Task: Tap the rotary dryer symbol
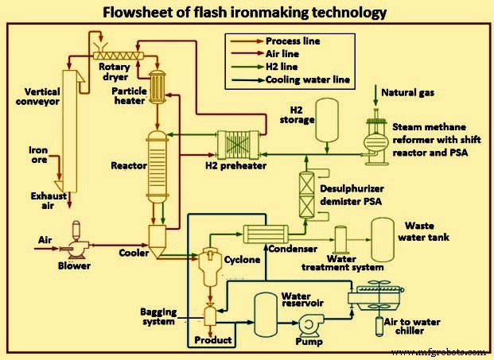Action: tap(120, 53)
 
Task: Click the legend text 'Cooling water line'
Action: tap(309, 79)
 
